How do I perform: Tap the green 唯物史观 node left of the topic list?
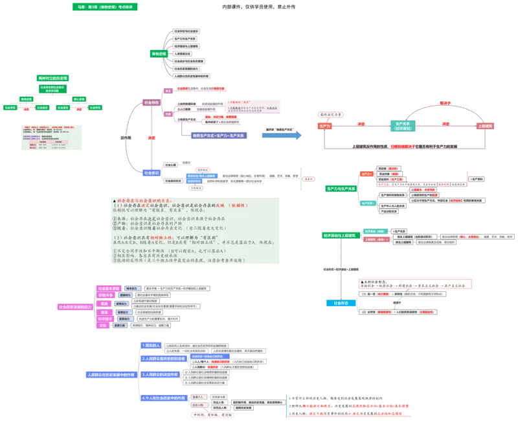159,54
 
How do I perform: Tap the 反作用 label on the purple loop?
126,138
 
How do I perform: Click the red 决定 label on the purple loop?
151,138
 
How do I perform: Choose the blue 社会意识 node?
150,173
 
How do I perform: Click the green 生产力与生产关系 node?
341,189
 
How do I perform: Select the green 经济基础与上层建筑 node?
341,236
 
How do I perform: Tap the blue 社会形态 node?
341,303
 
